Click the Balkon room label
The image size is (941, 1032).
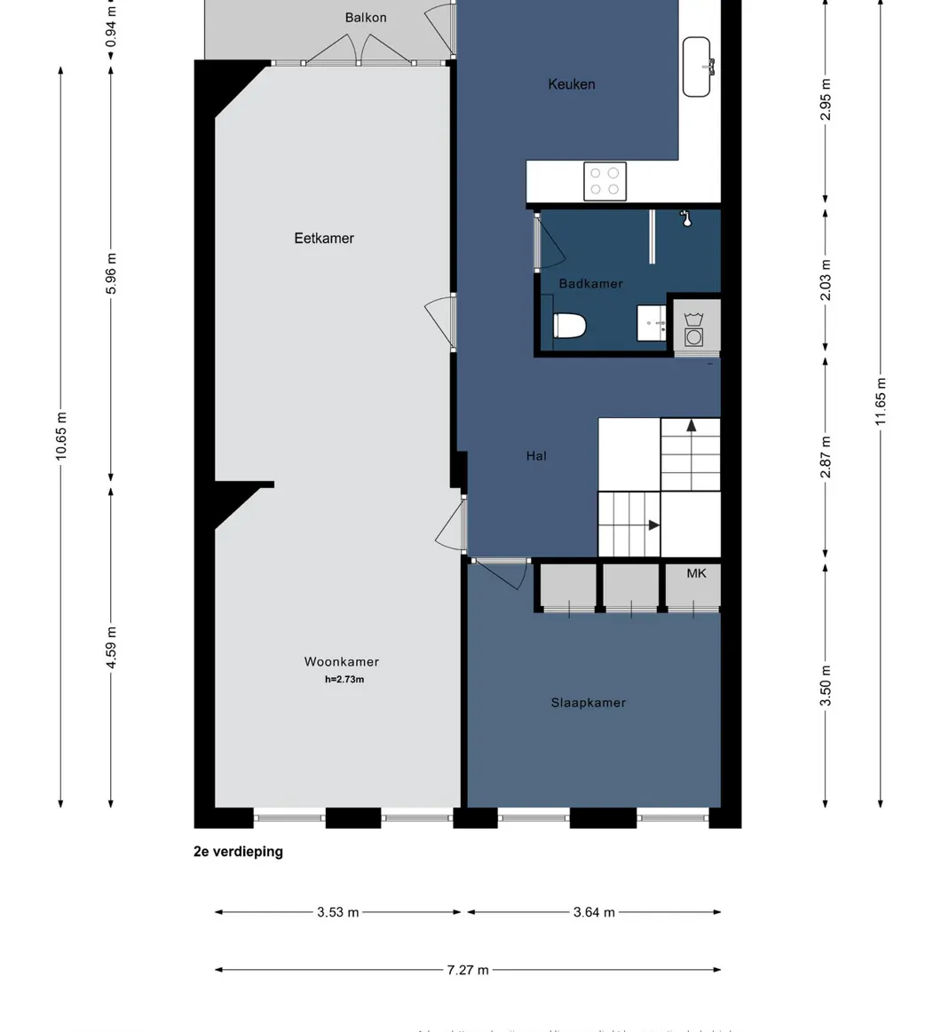tap(365, 18)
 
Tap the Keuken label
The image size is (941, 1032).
tap(571, 84)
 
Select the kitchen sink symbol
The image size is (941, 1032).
tap(697, 67)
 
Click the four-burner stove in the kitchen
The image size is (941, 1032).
tap(605, 181)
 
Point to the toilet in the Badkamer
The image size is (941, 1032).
tap(569, 327)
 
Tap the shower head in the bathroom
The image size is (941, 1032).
tap(685, 217)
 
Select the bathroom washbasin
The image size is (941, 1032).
tap(652, 323)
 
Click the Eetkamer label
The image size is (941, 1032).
tap(324, 238)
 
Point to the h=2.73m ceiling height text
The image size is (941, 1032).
tap(344, 680)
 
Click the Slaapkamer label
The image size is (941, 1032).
tap(588, 703)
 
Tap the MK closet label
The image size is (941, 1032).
tap(697, 573)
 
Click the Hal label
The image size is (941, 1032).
tap(536, 455)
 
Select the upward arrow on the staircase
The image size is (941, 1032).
tap(691, 427)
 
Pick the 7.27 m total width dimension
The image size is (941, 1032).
tap(467, 970)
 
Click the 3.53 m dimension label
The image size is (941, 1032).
tap(337, 912)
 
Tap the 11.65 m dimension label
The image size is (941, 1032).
tap(881, 401)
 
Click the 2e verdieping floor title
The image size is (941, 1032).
tap(238, 852)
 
